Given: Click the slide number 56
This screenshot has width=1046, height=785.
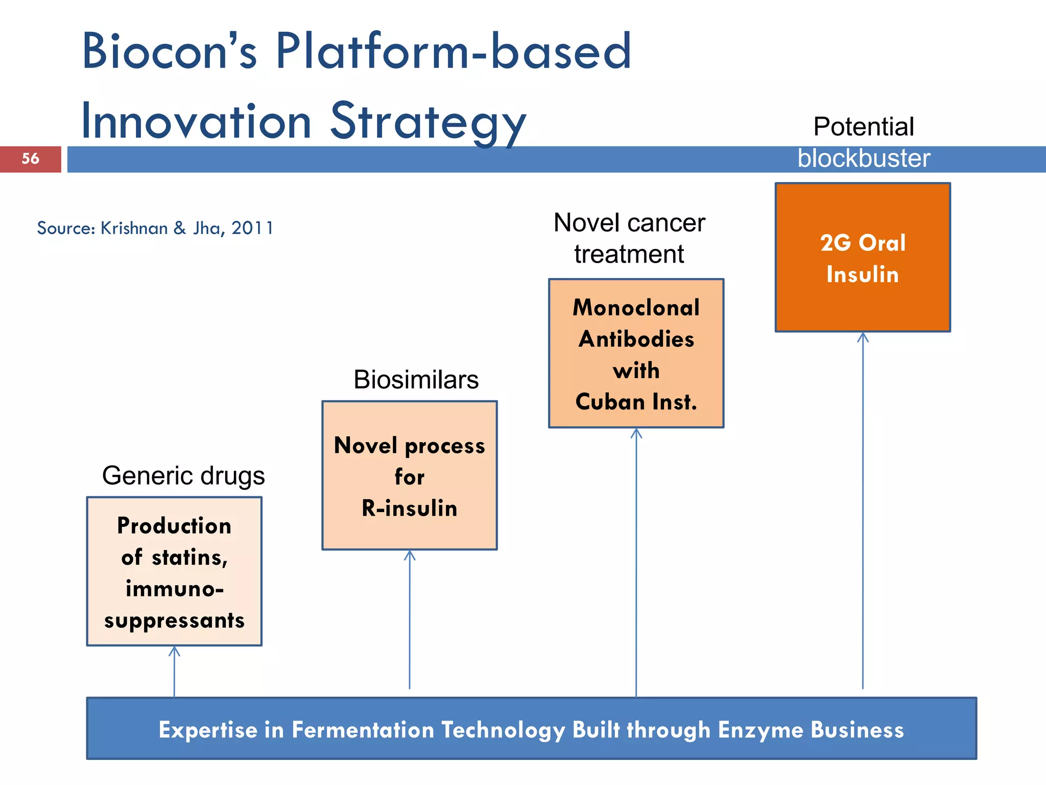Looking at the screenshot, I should (30, 159).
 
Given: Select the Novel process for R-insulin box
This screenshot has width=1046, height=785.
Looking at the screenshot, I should (409, 476).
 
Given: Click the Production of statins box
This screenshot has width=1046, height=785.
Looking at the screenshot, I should (174, 571).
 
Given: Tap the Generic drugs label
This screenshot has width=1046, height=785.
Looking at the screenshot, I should (183, 476).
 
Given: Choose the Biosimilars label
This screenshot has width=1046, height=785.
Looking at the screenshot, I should (416, 380).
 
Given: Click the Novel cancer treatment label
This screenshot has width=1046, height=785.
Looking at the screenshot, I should (629, 238).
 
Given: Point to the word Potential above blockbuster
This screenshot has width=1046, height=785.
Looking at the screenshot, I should (863, 127).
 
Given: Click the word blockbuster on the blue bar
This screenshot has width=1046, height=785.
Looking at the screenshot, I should (864, 158).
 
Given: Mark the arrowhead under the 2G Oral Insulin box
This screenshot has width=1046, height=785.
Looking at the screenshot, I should (863, 337).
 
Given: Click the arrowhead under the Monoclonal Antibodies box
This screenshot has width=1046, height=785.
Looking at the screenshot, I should (636, 433).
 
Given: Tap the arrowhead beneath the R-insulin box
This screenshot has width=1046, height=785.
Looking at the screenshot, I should (409, 555).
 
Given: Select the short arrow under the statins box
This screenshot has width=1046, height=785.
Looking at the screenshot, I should (174, 669).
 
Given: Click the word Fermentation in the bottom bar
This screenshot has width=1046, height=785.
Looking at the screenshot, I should (363, 730).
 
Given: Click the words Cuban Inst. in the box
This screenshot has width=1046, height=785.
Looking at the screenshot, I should (636, 402).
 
